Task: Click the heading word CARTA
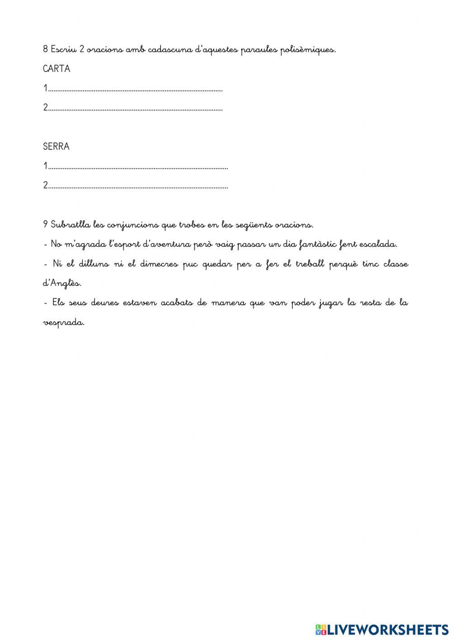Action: (56, 69)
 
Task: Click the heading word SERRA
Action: (56, 147)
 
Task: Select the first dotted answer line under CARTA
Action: (135, 89)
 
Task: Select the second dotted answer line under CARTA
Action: (135, 109)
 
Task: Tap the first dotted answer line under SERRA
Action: (138, 167)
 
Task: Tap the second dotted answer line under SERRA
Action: (138, 186)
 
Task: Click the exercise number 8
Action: (45, 49)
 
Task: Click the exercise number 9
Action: (45, 224)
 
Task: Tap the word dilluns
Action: (94, 264)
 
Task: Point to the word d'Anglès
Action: (62, 284)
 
